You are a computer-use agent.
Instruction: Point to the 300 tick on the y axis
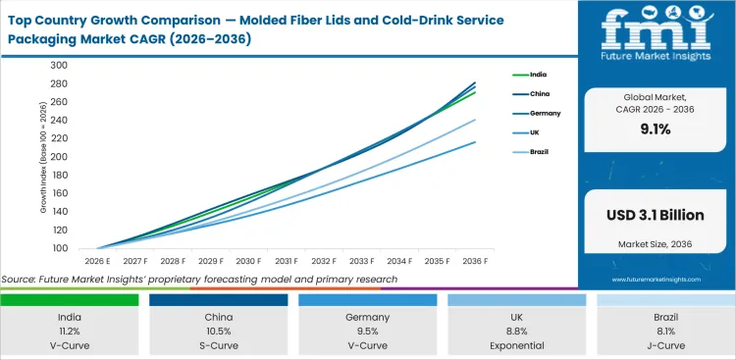(58, 65)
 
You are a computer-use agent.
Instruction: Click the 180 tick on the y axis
(58, 175)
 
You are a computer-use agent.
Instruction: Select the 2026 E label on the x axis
(95, 262)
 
